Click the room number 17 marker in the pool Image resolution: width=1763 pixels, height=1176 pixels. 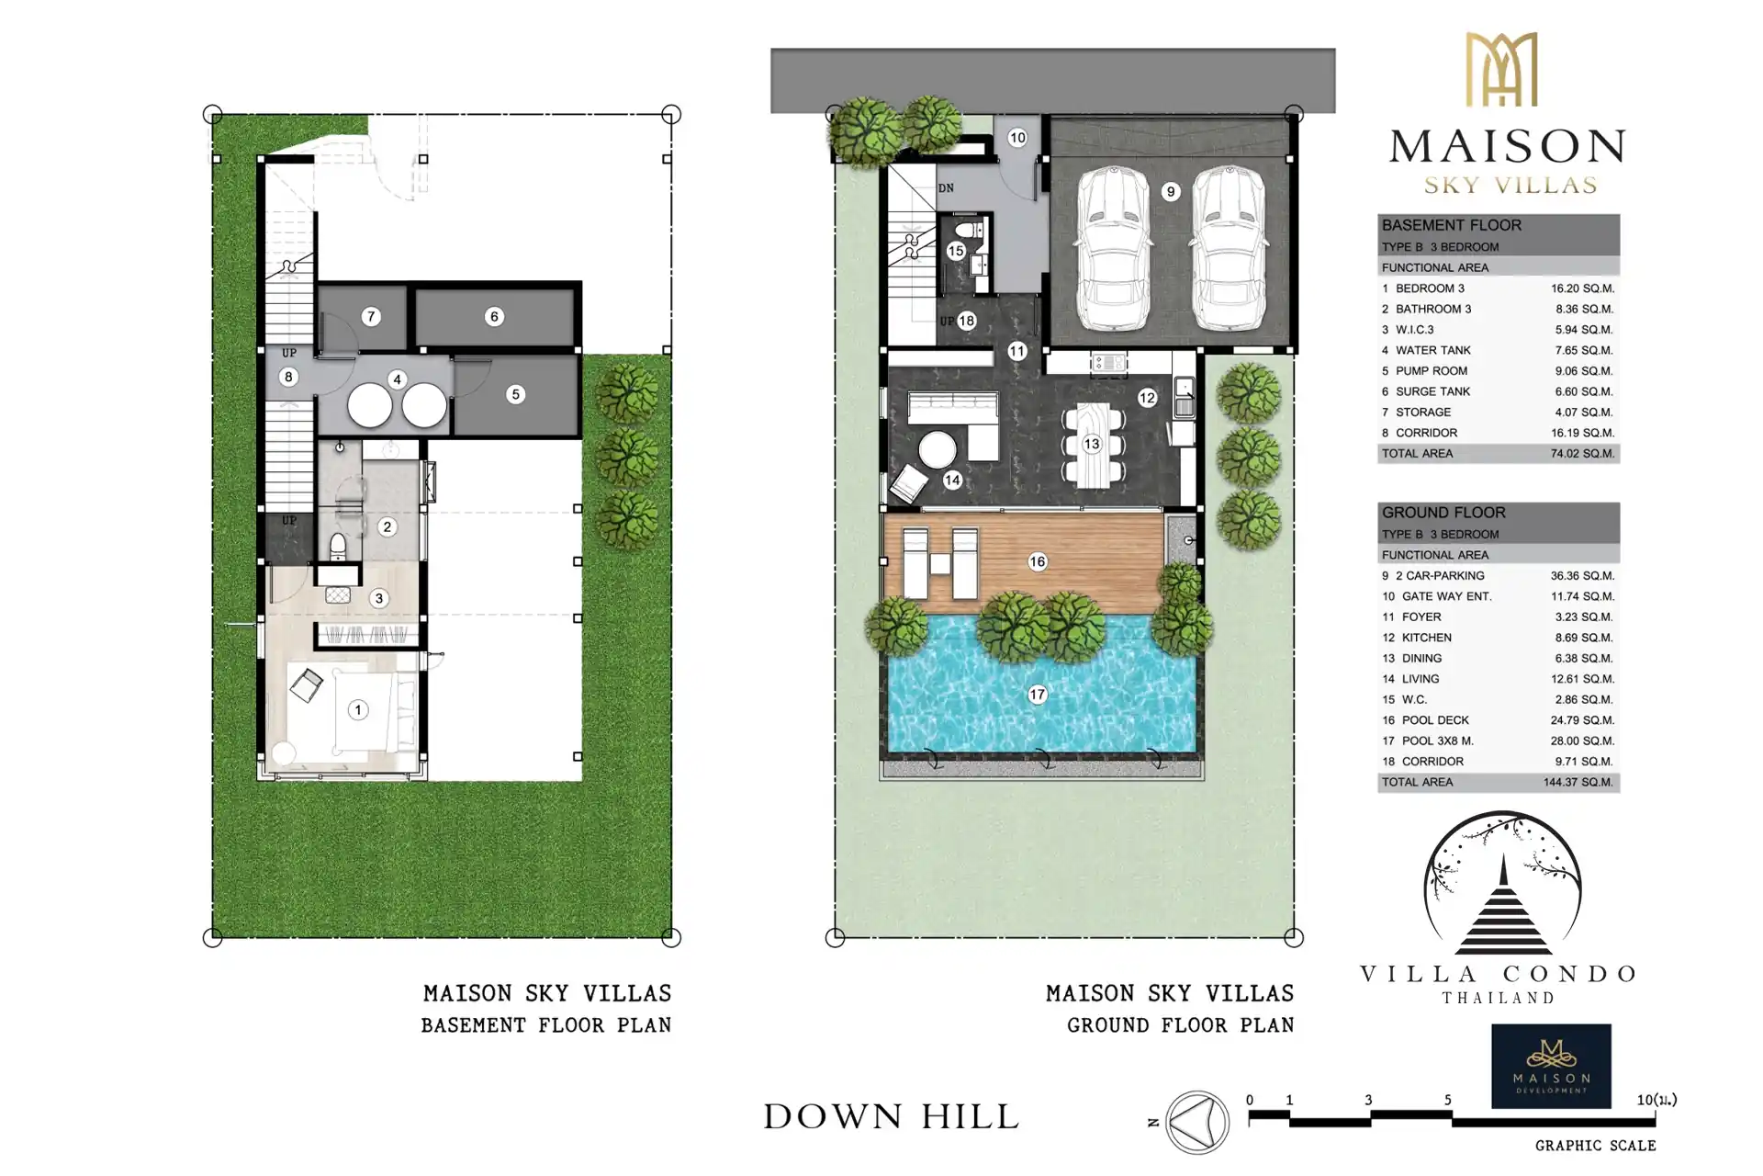point(1038,695)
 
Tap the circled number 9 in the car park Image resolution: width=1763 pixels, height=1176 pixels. point(1170,191)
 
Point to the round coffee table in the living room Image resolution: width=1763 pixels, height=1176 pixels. point(938,451)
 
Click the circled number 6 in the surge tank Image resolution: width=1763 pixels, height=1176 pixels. point(494,317)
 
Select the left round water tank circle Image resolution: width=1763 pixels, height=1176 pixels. point(369,405)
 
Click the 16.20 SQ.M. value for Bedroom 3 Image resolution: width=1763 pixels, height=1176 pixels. point(1582,288)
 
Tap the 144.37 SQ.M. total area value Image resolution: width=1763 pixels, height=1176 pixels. point(1578,782)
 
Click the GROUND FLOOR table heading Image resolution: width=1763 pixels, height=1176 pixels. point(1443,513)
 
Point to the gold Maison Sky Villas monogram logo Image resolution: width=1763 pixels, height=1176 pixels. point(1500,69)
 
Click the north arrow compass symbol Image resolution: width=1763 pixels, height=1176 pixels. point(1197,1123)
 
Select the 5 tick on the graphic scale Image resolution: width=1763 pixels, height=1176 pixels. point(1448,1100)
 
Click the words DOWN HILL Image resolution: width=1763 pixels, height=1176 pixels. point(892,1117)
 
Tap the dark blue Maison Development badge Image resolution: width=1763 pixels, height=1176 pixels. point(1551,1067)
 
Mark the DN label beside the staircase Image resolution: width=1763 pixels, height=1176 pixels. point(946,188)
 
